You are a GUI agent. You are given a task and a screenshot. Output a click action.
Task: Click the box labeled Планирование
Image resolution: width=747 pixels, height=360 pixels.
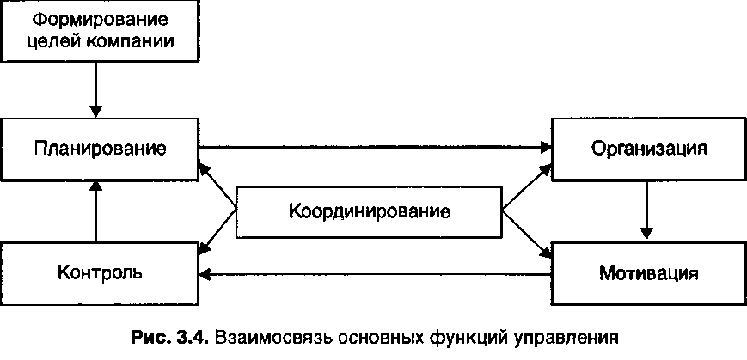[x=100, y=148]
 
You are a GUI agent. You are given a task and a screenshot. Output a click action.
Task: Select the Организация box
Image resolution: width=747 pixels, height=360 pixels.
[x=649, y=148]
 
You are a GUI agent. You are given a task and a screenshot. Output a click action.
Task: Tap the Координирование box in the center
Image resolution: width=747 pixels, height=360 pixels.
[x=369, y=211]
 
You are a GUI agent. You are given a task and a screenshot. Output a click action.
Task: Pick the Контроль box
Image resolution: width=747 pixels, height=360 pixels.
[x=100, y=273]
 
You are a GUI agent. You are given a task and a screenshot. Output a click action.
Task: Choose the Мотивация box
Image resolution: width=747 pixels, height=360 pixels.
[x=649, y=274]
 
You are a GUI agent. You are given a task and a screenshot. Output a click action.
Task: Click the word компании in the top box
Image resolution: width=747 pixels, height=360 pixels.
[x=140, y=40]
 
